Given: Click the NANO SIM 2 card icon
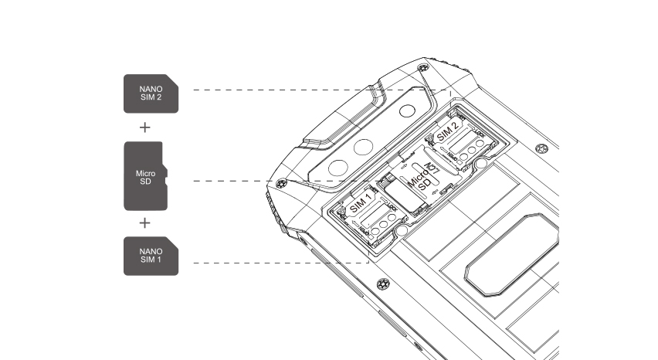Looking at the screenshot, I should pyautogui.click(x=151, y=93).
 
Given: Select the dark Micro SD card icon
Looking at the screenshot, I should pyautogui.click(x=145, y=176).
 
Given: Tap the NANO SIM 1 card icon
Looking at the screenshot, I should pyautogui.click(x=151, y=256).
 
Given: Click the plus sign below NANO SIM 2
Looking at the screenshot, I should pyautogui.click(x=144, y=127).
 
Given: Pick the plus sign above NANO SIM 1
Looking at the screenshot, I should pyautogui.click(x=144, y=223).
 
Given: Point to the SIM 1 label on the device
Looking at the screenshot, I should pyautogui.click(x=360, y=204).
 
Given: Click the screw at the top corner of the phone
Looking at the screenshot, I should pyautogui.click(x=422, y=70).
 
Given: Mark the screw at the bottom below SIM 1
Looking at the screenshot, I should pyautogui.click(x=382, y=285).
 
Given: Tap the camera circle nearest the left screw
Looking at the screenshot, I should pyautogui.click(x=337, y=167).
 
